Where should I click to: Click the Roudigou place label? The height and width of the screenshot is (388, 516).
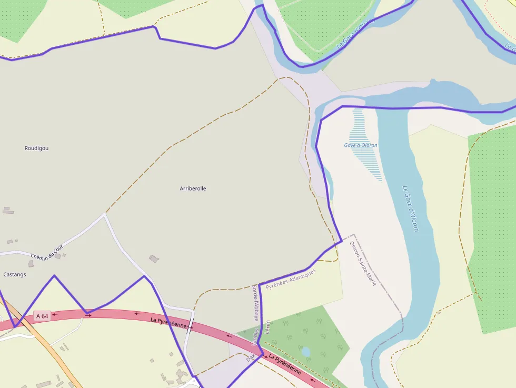pos(36,148)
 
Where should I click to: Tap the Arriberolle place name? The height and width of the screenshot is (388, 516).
pos(193,188)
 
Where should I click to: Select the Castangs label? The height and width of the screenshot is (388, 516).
pos(15,274)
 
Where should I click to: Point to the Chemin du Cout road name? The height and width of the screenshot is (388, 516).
pos(47,253)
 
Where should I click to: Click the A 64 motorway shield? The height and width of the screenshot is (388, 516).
pos(42,316)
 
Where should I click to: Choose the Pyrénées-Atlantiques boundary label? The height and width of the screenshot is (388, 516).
pos(291,279)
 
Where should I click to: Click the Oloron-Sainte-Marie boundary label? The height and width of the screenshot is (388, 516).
pos(363,264)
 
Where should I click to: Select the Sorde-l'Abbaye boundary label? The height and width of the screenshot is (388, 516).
pos(255,303)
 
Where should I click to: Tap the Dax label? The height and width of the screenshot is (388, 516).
pos(250,357)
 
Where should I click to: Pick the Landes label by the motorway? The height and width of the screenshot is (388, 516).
pos(256,337)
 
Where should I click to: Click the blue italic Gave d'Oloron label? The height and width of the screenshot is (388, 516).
pos(361,145)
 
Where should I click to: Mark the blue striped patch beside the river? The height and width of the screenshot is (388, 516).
pos(365,142)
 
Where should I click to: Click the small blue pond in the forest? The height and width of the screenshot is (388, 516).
pos(305,351)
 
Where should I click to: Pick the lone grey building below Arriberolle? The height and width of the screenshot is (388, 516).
pos(154,258)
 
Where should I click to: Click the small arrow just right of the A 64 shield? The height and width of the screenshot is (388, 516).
pos(55,314)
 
